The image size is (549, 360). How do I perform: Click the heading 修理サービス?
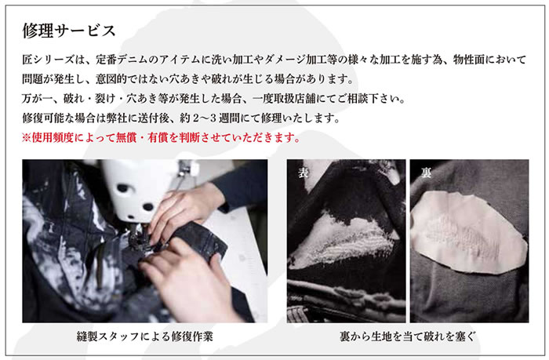click(x=69, y=31)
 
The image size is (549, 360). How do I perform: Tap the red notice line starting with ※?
click(x=162, y=137)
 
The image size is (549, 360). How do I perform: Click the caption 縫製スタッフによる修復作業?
click(x=144, y=336)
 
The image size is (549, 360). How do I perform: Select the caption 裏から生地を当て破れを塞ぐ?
click(x=408, y=336)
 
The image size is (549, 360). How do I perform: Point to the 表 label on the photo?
click(x=304, y=173)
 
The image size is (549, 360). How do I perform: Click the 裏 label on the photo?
click(x=426, y=173)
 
